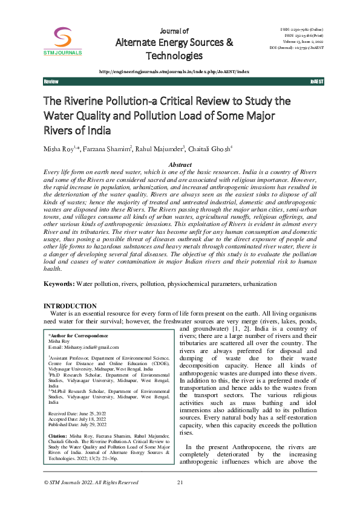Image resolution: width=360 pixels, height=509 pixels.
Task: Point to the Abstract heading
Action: coord(180,164)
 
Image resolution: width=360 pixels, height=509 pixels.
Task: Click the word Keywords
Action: coord(58,284)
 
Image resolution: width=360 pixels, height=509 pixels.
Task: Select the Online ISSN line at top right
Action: coord(302,30)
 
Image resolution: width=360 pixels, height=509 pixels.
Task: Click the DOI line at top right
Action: coord(296,46)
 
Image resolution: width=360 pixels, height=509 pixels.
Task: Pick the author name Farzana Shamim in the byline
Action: coord(112,148)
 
